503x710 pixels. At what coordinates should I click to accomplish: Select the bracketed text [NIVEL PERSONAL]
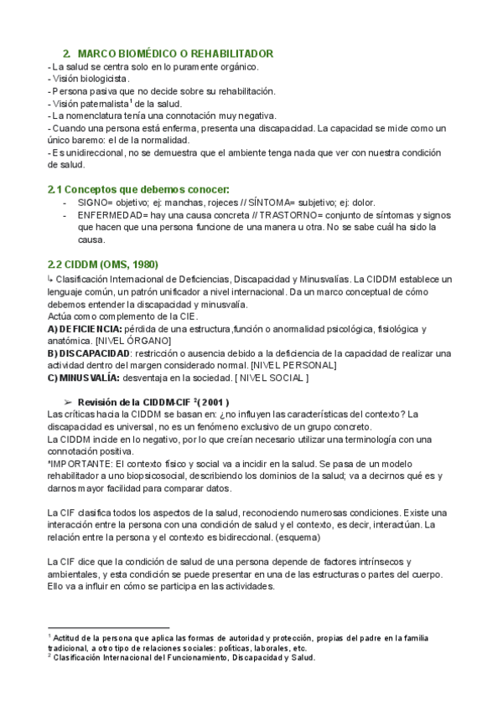click(293, 365)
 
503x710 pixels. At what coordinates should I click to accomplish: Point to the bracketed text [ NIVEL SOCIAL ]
click(270, 378)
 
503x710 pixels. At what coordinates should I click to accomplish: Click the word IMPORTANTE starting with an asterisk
click(79, 464)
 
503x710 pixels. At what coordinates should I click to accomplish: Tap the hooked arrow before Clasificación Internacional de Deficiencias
click(51, 278)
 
